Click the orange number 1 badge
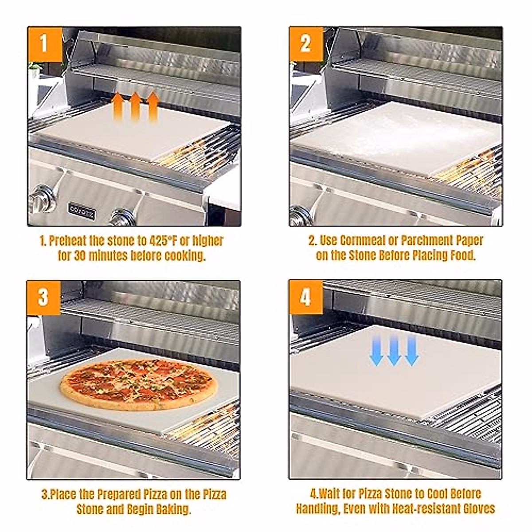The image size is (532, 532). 44,44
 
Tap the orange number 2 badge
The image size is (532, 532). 306,44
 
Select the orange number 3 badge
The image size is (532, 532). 43,297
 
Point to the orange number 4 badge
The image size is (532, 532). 305,297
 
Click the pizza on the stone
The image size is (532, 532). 138,384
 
